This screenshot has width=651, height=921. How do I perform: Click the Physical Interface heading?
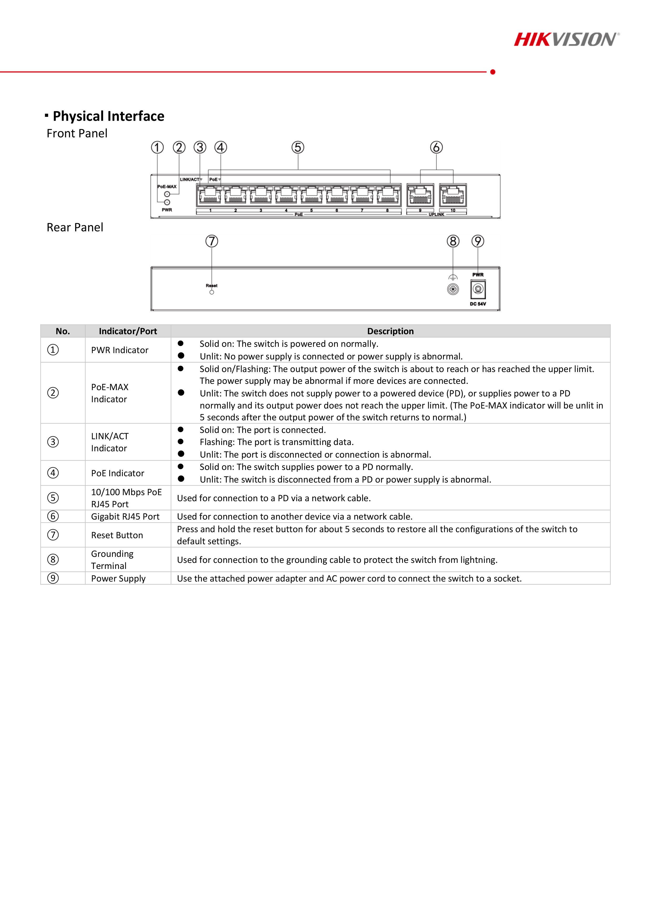click(x=108, y=116)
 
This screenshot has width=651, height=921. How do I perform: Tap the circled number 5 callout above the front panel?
click(x=298, y=147)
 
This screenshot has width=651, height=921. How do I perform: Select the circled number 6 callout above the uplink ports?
click(x=437, y=147)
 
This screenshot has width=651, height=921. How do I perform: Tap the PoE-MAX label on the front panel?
click(x=167, y=186)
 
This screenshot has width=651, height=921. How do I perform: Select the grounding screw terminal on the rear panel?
click(x=453, y=289)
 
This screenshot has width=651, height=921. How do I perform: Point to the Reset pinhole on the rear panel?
click(x=212, y=292)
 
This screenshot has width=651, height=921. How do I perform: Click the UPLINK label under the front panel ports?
click(x=437, y=214)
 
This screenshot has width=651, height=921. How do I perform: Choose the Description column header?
click(x=390, y=331)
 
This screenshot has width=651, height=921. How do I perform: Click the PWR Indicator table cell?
click(x=119, y=350)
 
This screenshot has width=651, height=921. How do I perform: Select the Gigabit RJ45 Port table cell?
click(x=125, y=517)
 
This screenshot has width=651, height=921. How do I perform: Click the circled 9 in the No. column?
click(x=53, y=578)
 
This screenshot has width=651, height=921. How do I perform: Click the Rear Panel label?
click(x=75, y=227)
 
